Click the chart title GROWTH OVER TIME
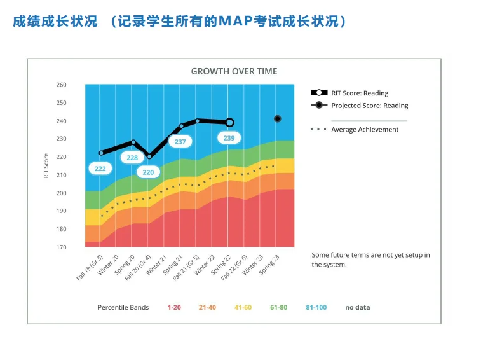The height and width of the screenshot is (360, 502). (x=234, y=71)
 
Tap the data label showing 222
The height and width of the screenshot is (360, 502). (x=100, y=169)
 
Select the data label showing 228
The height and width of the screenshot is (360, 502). (x=132, y=158)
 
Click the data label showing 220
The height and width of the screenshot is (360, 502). (x=148, y=172)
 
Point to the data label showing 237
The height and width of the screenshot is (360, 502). (x=180, y=142)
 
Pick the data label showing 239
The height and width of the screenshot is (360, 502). (x=229, y=138)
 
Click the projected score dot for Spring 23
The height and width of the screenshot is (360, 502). (x=277, y=119)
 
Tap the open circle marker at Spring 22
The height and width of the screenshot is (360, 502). (x=229, y=122)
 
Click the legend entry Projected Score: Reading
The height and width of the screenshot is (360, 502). (x=369, y=106)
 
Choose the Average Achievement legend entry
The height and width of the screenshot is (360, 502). (x=365, y=130)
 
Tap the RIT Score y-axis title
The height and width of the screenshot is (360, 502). (x=46, y=165)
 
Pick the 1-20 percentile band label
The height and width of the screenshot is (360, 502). (x=174, y=308)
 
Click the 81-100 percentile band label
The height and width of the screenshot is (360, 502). (x=316, y=308)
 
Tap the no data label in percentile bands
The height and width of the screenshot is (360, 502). (x=357, y=308)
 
